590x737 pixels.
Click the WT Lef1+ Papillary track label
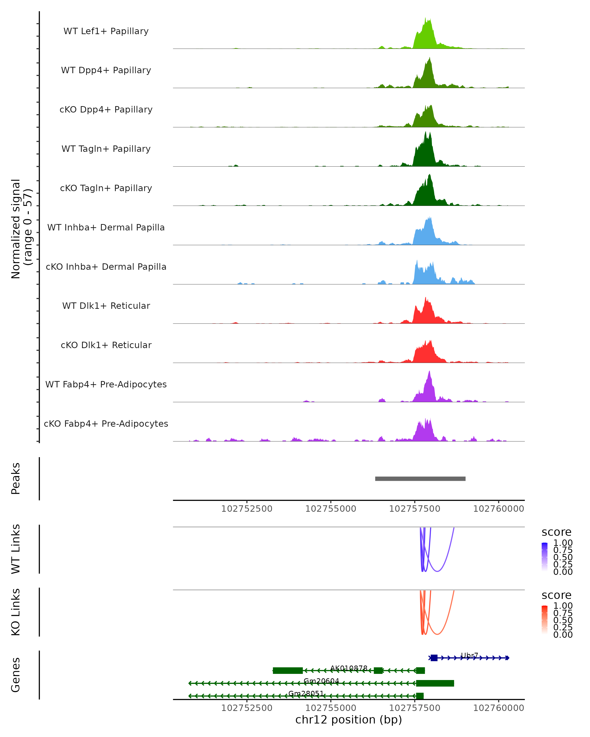[106, 31]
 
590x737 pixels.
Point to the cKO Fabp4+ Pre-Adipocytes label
[106, 424]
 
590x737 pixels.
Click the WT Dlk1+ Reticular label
[106, 306]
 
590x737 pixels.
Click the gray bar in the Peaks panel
[420, 479]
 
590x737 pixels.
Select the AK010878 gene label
[349, 668]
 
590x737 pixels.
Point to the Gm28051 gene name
[306, 694]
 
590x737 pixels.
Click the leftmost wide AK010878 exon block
[288, 671]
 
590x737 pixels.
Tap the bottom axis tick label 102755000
[330, 708]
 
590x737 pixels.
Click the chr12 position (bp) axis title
[349, 720]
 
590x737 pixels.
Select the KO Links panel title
[16, 612]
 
